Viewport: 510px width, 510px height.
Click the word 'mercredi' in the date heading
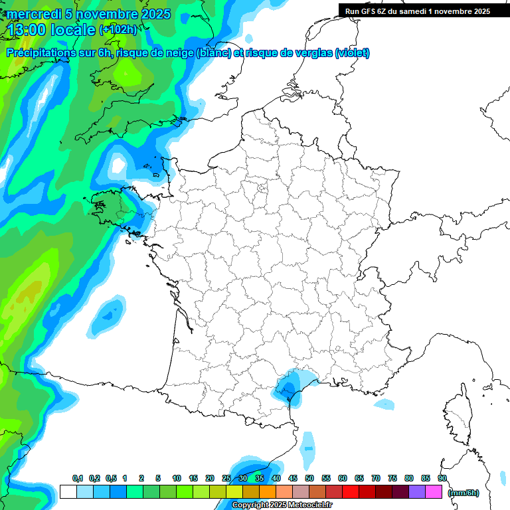[x=34, y=14]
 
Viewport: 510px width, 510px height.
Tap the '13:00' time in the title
[x=27, y=29]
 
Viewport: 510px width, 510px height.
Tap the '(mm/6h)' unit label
[x=464, y=492]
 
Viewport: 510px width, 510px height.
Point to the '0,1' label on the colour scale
[x=77, y=479]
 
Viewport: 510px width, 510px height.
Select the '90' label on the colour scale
[x=442, y=479]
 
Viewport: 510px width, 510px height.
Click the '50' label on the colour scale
[x=309, y=479]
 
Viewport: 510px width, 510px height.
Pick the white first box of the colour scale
[x=68, y=492]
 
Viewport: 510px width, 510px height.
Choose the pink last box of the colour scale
[x=434, y=492]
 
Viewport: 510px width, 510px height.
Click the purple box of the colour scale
[x=417, y=492]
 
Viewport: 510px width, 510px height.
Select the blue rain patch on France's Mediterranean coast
[x=289, y=386]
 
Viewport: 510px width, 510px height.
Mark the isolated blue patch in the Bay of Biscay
[x=108, y=315]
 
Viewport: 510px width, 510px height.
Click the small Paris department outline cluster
[x=262, y=191]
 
